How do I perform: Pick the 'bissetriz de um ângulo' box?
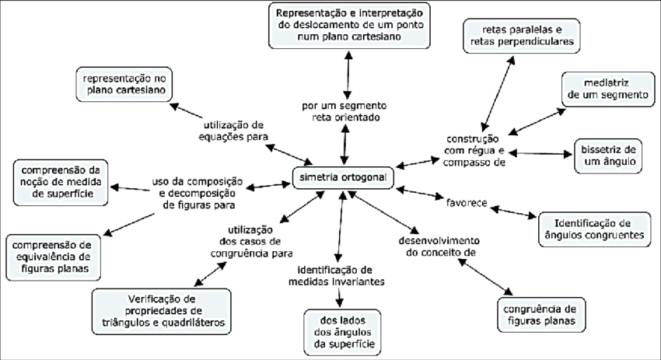point(608,155)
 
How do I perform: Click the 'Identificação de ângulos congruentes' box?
point(592,226)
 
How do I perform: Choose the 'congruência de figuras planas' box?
point(540,312)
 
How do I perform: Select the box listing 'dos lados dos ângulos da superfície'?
point(341,330)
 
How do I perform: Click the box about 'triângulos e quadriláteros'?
point(161,309)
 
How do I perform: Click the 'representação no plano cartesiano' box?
point(124,83)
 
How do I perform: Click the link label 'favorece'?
point(466,203)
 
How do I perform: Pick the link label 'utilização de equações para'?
point(236,130)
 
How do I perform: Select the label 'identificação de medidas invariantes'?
point(340,275)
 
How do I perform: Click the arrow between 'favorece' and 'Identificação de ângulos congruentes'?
point(513,211)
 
